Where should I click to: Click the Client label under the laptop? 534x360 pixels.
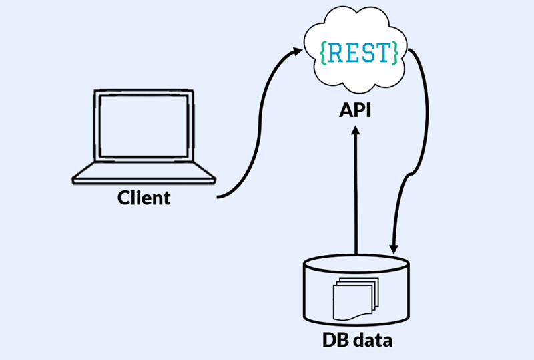[144, 198]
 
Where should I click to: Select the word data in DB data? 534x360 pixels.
[369, 341]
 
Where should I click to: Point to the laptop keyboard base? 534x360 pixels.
[144, 176]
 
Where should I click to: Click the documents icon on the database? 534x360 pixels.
[354, 299]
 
